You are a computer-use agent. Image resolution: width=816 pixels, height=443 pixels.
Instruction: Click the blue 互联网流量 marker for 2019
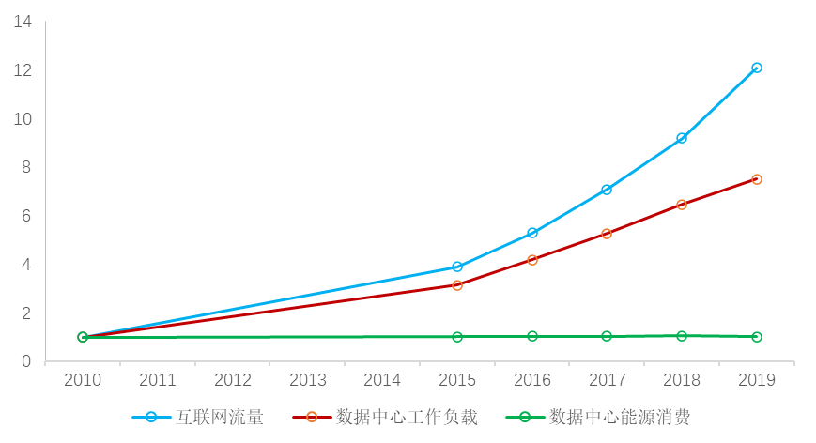point(757,68)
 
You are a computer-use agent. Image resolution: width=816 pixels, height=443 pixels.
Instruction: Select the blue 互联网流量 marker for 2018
point(682,138)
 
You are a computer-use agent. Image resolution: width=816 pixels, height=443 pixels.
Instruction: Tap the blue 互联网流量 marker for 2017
point(607,190)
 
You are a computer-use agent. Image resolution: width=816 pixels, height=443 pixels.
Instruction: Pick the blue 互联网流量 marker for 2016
point(532,233)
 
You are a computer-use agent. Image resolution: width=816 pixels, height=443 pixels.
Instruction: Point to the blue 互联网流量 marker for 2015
point(457,267)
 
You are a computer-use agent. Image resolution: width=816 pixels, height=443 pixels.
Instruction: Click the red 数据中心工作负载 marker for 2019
point(757,179)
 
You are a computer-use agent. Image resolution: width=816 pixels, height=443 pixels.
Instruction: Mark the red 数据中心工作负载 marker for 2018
point(682,205)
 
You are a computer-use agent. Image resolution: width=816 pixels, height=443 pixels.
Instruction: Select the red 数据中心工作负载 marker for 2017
point(607,234)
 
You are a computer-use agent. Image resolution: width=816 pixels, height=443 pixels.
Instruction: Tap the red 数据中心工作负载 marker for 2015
point(457,285)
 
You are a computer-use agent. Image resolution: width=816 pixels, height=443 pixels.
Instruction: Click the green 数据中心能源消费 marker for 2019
point(757,337)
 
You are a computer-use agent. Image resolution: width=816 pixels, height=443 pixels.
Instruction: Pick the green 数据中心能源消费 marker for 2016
point(532,336)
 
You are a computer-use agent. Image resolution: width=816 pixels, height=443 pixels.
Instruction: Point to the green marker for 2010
point(83,337)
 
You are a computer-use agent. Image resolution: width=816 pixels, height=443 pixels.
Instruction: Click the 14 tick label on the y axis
point(23,22)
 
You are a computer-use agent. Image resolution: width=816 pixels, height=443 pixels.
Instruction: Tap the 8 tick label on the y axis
point(27,167)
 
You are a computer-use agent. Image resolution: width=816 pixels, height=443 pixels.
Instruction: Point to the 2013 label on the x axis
point(307,380)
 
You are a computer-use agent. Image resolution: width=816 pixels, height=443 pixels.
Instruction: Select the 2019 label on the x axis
point(757,380)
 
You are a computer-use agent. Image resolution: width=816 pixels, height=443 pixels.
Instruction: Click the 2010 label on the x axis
point(83,380)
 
